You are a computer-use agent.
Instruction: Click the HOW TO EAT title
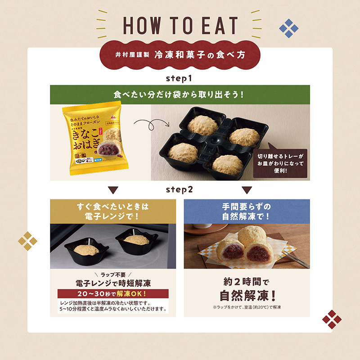click(x=180, y=26)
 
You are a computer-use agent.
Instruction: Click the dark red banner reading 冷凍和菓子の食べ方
click(x=180, y=56)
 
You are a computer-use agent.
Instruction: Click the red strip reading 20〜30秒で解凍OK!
click(x=112, y=294)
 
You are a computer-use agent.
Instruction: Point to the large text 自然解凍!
click(x=247, y=296)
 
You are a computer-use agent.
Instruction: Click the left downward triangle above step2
click(x=113, y=189)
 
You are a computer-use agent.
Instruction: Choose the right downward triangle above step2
click(x=247, y=189)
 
